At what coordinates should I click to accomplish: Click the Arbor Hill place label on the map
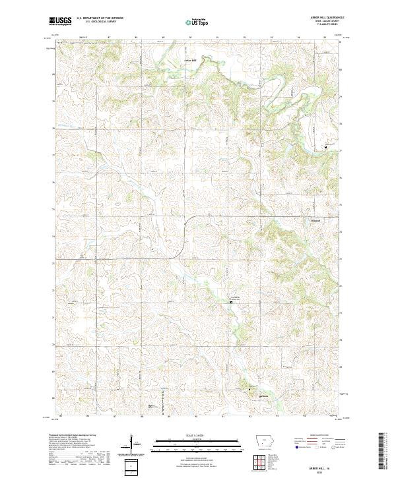tap(190, 61)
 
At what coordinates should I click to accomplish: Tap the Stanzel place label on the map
tap(316, 221)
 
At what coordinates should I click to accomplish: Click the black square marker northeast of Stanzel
tap(325, 147)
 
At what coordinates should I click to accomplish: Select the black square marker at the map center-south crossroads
tap(231, 302)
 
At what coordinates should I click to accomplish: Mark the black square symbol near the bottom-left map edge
tap(150, 407)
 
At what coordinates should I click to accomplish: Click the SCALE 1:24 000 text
tap(197, 436)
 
